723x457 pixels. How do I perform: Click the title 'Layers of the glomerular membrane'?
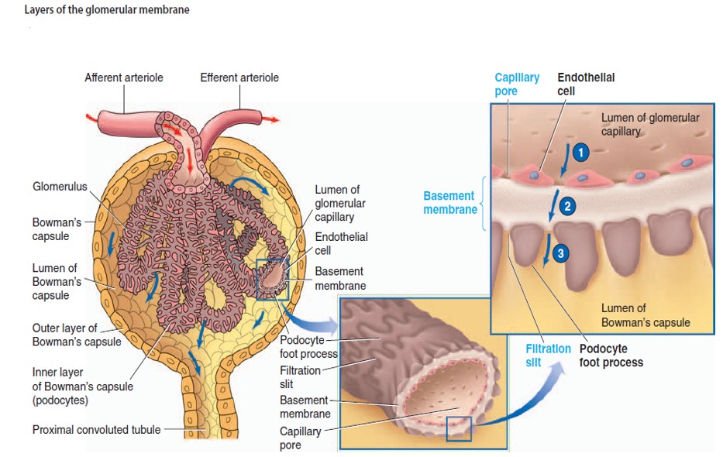(106, 10)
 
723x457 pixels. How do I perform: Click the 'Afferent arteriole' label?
(124, 77)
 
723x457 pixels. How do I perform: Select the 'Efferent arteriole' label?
(239, 77)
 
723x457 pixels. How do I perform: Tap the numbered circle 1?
(581, 153)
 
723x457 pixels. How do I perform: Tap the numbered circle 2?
(568, 206)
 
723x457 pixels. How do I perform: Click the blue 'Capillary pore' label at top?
(517, 84)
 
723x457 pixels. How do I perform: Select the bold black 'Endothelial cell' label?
(586, 84)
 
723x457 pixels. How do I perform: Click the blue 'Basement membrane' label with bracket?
(449, 203)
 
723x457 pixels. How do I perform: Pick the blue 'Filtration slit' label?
(548, 356)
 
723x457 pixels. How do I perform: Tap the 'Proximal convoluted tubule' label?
(96, 429)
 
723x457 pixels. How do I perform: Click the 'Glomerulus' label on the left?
(60, 187)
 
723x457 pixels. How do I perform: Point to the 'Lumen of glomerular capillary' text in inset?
(649, 125)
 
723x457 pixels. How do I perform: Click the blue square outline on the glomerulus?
(272, 279)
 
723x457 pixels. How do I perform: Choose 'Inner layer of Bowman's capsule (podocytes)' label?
(82, 387)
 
